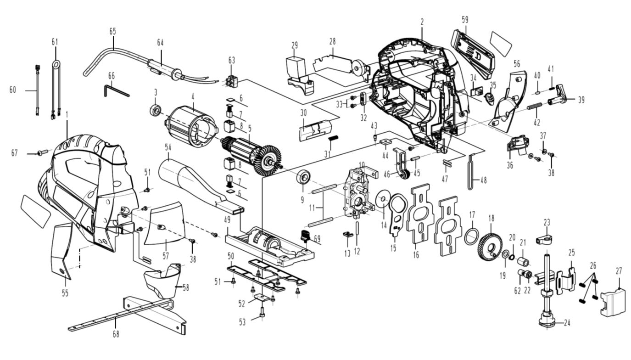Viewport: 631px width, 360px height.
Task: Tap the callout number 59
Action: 464,20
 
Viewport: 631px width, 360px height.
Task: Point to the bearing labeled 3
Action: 156,111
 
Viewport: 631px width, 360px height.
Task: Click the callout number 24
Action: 567,323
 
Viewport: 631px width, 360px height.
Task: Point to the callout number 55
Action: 65,293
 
